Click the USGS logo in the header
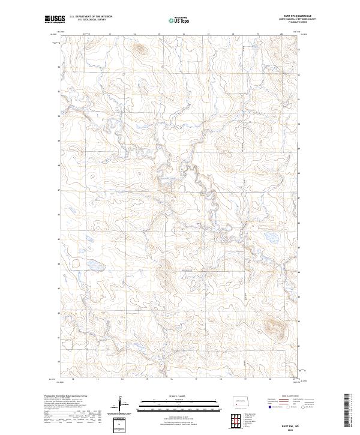[x=54, y=20]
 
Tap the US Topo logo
[x=179, y=20]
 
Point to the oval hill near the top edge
[x=139, y=49]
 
